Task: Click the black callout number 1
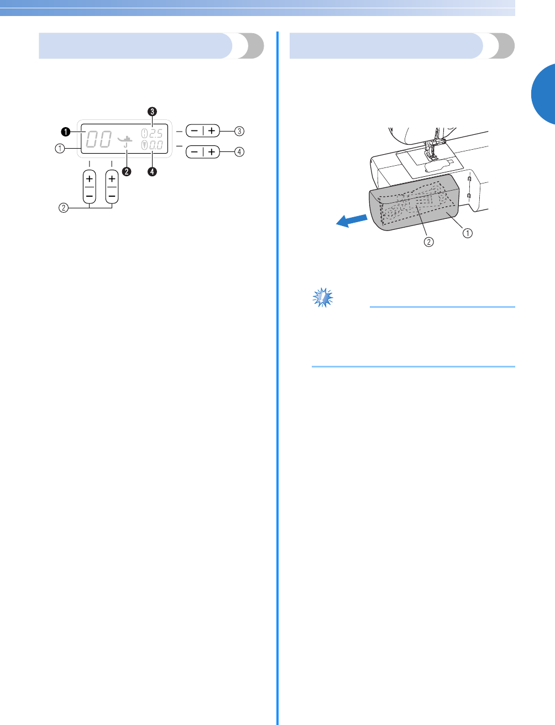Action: (65, 132)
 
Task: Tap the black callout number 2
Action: (127, 171)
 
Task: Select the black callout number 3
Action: (152, 111)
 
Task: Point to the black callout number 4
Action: (152, 171)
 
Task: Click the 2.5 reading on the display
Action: (155, 134)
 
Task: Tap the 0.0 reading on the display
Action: (155, 146)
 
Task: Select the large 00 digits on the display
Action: (98, 139)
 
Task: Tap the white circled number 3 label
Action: (239, 132)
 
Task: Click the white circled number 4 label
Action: (239, 151)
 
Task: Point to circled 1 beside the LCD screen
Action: (60, 148)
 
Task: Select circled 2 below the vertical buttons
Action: (64, 208)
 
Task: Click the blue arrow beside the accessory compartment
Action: (352, 219)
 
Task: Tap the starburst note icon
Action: (322, 297)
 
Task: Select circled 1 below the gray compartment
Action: (468, 233)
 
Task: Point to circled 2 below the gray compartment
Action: (428, 241)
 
